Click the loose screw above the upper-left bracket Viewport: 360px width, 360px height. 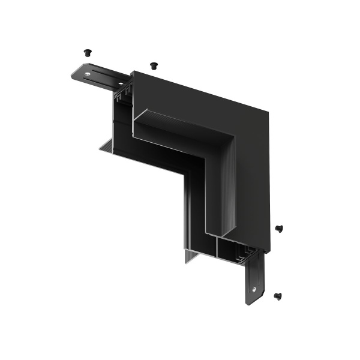click(88, 52)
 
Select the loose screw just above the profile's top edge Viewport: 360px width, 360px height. click(153, 64)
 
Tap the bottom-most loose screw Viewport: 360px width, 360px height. click(277, 295)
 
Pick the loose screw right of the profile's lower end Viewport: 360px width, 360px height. click(279, 228)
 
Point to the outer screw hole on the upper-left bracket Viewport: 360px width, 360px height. click(88, 74)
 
